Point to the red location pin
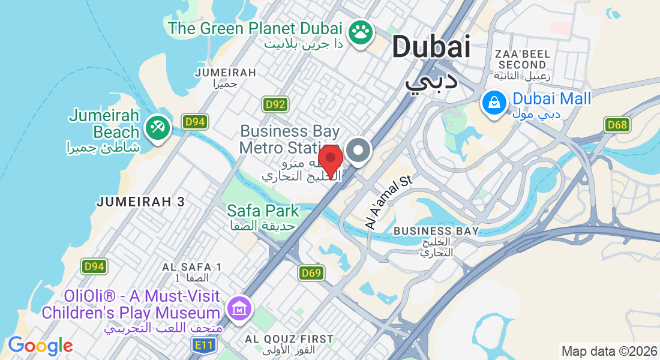point(330,160)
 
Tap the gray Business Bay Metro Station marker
point(359,151)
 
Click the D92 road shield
point(275,104)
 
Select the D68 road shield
point(617,125)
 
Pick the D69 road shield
point(311,273)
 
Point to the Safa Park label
point(263,211)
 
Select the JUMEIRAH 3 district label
point(141,202)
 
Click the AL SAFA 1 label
point(192,266)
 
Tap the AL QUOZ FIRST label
point(289,339)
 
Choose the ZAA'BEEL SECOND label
point(521,58)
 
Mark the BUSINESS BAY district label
point(436,231)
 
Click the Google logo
point(40,346)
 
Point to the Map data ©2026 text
point(608,351)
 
